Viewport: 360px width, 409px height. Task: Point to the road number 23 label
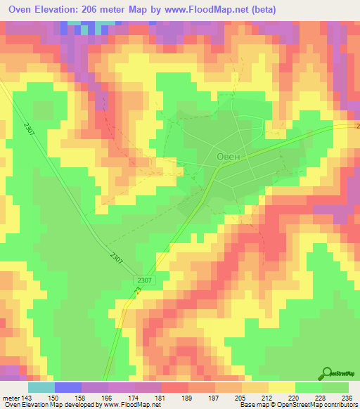[138, 290]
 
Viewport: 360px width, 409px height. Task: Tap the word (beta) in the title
[259, 10]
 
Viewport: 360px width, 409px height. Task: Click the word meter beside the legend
[11, 398]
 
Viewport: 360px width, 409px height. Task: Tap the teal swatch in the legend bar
[41, 387]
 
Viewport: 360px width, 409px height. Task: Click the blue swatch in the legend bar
[68, 387]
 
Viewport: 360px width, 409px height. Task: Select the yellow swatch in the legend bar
[282, 387]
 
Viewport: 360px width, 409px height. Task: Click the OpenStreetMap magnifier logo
[327, 373]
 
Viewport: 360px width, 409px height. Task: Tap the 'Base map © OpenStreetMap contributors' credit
[298, 405]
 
